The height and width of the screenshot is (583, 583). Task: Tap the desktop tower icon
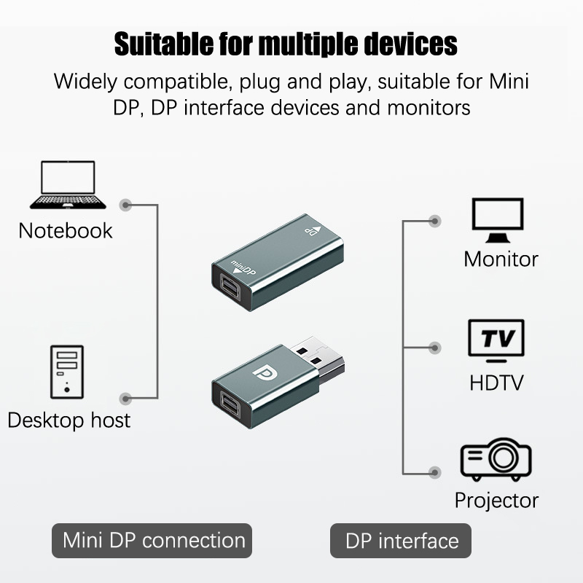click(66, 371)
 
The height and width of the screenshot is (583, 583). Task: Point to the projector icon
click(496, 459)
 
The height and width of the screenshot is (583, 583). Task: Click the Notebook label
click(66, 231)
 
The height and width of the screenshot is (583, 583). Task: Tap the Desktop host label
click(69, 420)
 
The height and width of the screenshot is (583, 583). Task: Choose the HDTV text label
click(497, 383)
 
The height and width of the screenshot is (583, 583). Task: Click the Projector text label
click(496, 500)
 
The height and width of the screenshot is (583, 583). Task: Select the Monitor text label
click(501, 259)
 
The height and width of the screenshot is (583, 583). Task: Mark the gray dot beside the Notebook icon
click(127, 206)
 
